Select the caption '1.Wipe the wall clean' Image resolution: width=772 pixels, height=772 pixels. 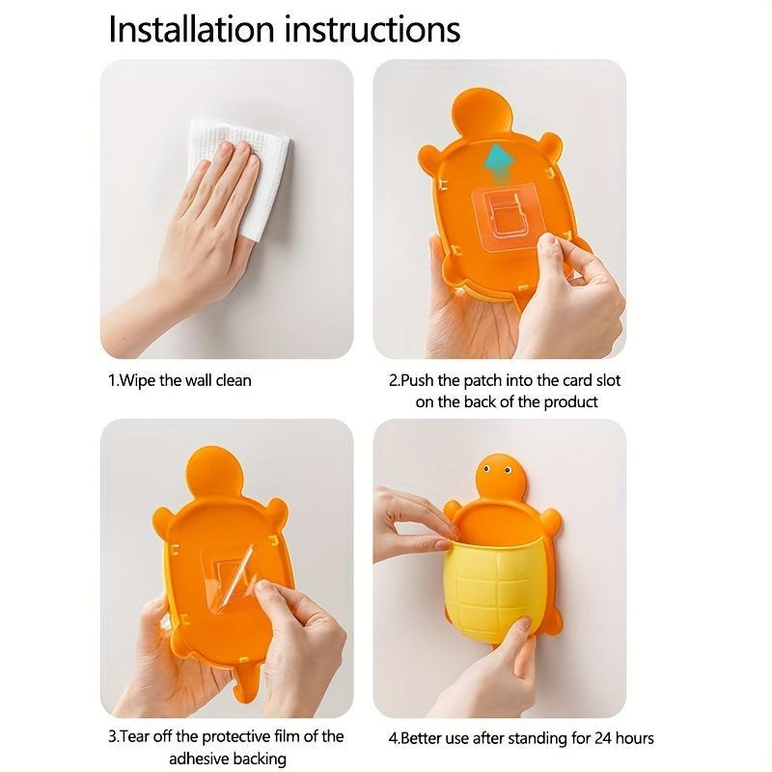[179, 380]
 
